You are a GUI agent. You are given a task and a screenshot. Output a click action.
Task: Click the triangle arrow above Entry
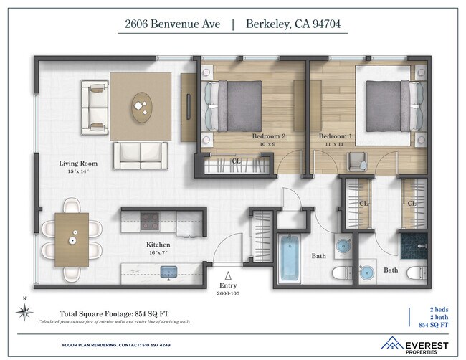228,275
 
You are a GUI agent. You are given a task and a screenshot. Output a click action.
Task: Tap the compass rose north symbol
24,310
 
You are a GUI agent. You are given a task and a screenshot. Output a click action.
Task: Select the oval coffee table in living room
141,107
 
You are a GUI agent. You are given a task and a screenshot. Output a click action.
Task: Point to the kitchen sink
168,271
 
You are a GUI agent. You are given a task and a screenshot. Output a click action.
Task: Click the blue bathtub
291,256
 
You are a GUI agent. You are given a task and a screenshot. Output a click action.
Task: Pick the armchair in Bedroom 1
357,162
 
